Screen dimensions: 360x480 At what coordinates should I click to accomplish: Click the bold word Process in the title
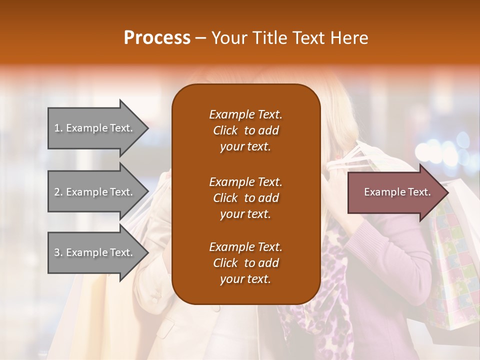(157, 38)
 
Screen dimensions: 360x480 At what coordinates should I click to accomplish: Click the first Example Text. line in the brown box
(245, 114)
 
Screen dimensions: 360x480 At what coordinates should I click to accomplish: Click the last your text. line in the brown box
(245, 279)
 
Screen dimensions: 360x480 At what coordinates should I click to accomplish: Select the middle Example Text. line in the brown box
(245, 181)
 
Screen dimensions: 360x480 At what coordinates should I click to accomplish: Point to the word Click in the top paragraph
(225, 130)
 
